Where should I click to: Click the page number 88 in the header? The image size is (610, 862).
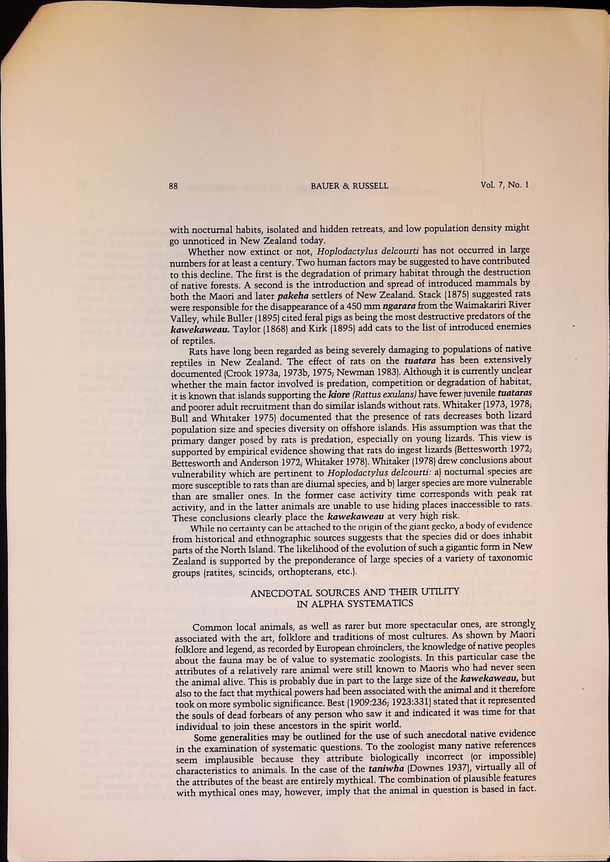173,186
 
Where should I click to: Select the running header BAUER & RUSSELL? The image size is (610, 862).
349,186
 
